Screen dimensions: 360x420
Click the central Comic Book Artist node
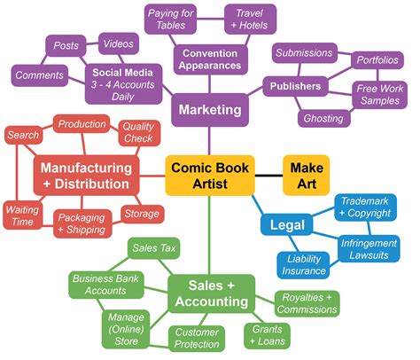[x=210, y=175]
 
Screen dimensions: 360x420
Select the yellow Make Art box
[x=305, y=175]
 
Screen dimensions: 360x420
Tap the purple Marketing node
[x=210, y=110]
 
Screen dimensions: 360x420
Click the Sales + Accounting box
[x=211, y=293]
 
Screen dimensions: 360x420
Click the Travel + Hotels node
[x=249, y=20]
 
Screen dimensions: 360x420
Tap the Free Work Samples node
[x=378, y=94]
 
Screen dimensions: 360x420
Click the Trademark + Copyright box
[x=370, y=209]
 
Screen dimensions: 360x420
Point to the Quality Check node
[x=137, y=133]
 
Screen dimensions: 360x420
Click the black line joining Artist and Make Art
[x=268, y=175]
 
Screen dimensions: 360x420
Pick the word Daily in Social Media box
[x=123, y=95]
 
